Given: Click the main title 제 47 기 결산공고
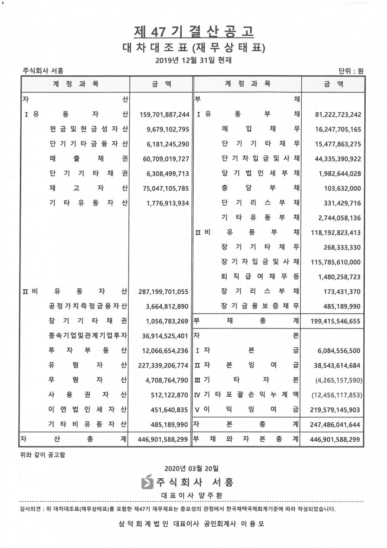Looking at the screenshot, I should (194, 31).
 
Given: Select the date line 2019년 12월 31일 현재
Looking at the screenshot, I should (194, 60).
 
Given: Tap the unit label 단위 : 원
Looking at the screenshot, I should (351, 71).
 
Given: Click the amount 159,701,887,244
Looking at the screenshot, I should (164, 115).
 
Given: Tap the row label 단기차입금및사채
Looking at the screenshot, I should (260, 159).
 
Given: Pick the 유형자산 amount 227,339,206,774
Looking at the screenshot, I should (164, 366).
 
